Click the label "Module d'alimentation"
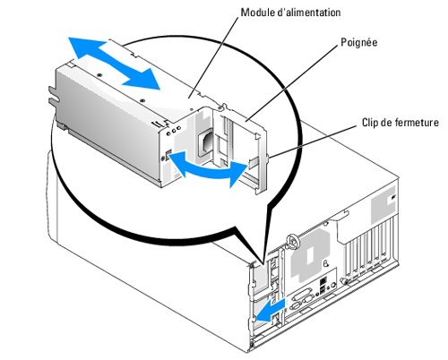(290, 13)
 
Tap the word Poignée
(359, 42)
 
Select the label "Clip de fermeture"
(401, 123)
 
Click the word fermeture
(418, 123)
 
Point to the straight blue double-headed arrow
(114, 64)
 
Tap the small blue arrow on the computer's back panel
(271, 312)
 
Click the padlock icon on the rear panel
(326, 263)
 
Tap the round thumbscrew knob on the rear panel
(293, 241)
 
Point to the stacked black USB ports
(323, 286)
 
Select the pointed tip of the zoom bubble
(263, 264)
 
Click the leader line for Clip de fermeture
(314, 141)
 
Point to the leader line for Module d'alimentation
(213, 57)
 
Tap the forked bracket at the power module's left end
(54, 97)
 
